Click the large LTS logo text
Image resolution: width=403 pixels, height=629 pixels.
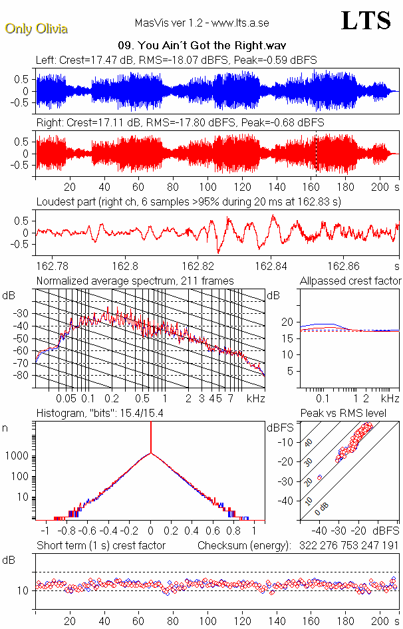point(366,21)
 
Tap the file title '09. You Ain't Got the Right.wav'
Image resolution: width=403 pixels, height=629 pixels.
point(201,46)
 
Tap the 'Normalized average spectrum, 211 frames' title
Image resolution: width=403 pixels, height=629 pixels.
point(135,281)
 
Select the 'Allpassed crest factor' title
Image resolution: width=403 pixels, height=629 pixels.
point(350,281)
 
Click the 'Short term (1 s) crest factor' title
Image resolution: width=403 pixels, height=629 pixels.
point(100,545)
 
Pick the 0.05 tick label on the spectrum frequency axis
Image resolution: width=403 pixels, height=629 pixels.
point(67,398)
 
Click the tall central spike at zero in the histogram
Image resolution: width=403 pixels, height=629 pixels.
point(151,439)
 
